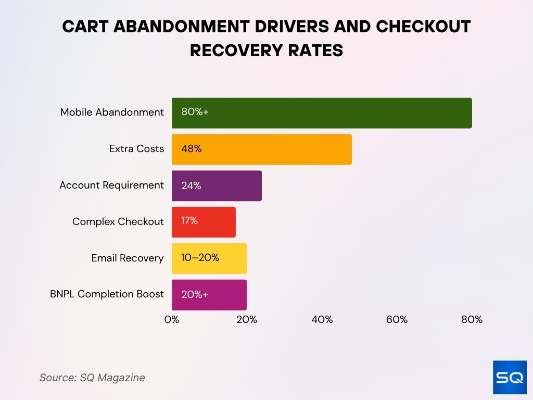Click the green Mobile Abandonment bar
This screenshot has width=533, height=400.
tap(322, 113)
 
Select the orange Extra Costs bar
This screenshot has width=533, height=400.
tap(262, 149)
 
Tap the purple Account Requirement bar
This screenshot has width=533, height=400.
tap(217, 186)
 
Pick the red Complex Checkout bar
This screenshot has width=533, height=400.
tap(204, 222)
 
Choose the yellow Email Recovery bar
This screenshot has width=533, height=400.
tap(209, 258)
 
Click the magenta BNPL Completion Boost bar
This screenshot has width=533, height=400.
tap(209, 295)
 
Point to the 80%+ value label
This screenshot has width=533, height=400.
tap(195, 113)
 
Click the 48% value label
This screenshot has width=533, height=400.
tap(191, 149)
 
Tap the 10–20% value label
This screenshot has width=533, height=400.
tap(200, 258)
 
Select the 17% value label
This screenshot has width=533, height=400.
tap(189, 221)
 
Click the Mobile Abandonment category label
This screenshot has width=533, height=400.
tap(112, 113)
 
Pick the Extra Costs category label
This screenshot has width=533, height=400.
tap(136, 149)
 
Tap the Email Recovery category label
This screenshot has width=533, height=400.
tap(128, 258)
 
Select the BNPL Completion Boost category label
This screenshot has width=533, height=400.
tap(107, 295)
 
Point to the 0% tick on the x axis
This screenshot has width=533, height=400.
tap(172, 320)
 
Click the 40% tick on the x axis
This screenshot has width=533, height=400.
tap(322, 320)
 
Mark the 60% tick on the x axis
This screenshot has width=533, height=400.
tap(397, 320)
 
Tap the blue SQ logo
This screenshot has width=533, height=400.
tap(510, 378)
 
